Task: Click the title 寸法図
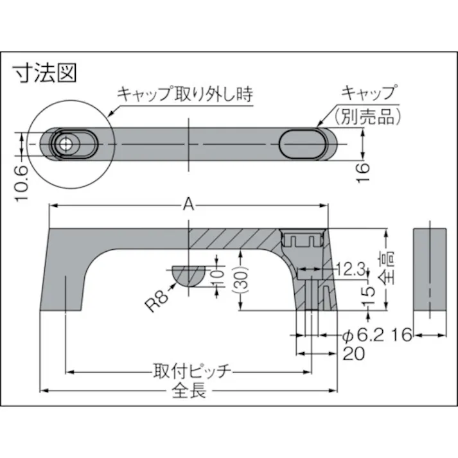pos(46,73)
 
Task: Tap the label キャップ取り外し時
pos(184,94)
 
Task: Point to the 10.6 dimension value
pos(21,182)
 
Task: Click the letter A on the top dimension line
pos(189,204)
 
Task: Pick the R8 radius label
pos(157,299)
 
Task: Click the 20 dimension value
pos(355,353)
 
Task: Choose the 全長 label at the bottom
pos(190,391)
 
